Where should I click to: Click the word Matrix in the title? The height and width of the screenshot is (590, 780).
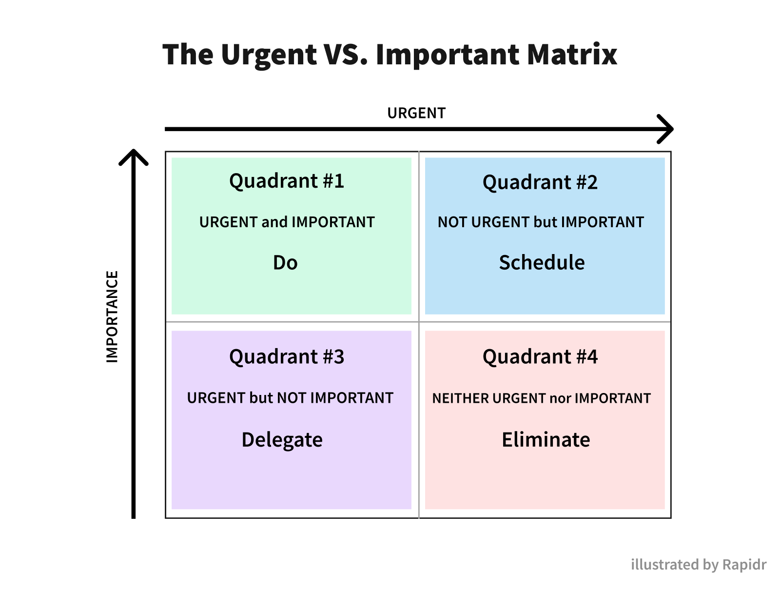[572, 55]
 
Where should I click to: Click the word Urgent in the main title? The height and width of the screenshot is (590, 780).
[268, 56]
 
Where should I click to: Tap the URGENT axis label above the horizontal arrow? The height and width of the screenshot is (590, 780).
[416, 113]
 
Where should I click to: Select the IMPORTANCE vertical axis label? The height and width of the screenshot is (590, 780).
[112, 316]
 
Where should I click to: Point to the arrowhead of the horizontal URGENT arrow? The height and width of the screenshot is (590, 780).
[665, 129]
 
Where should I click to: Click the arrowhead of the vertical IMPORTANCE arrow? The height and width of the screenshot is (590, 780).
[133, 157]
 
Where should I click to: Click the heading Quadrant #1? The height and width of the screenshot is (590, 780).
[287, 181]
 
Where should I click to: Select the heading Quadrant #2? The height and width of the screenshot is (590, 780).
[540, 182]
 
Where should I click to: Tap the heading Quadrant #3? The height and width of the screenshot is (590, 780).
[287, 356]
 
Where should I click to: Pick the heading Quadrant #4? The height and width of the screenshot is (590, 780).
[540, 356]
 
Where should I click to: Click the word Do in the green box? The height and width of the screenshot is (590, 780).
[285, 263]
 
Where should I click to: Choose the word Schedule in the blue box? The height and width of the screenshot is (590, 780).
[542, 262]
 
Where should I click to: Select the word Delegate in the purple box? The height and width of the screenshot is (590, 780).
[282, 440]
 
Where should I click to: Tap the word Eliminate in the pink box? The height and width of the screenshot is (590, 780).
[546, 439]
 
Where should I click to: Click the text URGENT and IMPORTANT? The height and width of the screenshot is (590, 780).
[287, 222]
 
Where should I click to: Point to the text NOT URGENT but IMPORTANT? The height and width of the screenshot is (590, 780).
[541, 222]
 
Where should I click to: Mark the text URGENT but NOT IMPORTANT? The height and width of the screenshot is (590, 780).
[290, 398]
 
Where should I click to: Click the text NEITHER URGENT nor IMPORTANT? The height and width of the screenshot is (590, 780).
[541, 398]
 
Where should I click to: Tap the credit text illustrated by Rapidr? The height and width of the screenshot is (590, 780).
[699, 565]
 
